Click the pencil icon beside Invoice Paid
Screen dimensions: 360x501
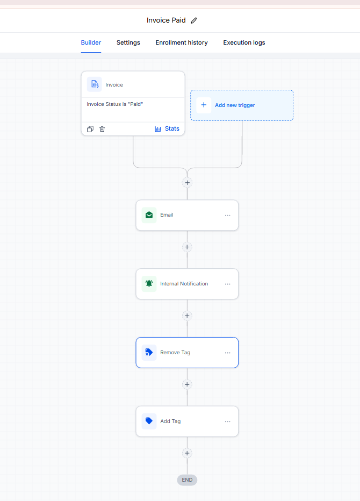pos(194,20)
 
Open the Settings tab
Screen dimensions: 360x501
pos(128,42)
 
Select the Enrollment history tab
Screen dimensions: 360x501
pos(182,42)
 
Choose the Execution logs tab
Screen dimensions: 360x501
pos(244,42)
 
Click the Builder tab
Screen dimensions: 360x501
pos(91,42)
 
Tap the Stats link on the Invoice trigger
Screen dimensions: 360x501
pos(167,129)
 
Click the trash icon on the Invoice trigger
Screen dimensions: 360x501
pos(102,129)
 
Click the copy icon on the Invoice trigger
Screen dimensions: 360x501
pos(90,129)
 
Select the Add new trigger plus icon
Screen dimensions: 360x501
pos(204,105)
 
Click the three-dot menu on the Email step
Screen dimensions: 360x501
pos(227,216)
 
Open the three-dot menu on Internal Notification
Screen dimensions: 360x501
pos(227,284)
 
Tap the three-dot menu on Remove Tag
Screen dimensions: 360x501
pos(227,353)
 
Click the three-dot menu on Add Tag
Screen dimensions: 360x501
pos(227,421)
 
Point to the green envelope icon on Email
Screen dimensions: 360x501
pos(149,215)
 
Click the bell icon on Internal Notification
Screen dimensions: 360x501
pos(149,284)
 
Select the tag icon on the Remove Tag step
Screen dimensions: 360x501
pos(149,353)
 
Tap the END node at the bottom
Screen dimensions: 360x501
pos(187,480)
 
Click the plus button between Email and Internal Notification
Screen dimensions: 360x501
pos(187,247)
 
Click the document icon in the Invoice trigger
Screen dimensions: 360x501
pos(95,84)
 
